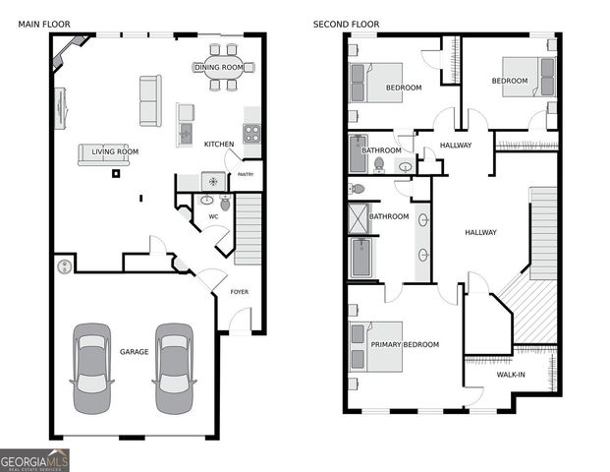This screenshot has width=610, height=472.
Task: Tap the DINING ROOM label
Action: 218,67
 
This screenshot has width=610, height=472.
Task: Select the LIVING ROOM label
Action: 115,151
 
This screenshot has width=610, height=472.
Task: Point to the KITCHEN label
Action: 219,145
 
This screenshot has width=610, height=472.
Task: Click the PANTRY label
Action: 245,175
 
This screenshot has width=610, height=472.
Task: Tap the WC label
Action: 212,216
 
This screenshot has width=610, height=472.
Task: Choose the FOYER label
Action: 239,292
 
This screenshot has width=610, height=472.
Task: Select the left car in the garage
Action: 92,367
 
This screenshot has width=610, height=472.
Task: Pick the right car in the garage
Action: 173,367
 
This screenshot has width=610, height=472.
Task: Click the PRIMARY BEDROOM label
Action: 404,344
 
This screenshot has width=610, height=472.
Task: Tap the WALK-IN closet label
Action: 510,374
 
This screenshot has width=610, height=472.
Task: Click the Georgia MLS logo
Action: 34,459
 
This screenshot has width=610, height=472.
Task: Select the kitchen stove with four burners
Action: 251,134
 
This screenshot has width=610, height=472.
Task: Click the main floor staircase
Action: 249,229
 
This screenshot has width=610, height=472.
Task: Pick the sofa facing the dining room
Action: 150,101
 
